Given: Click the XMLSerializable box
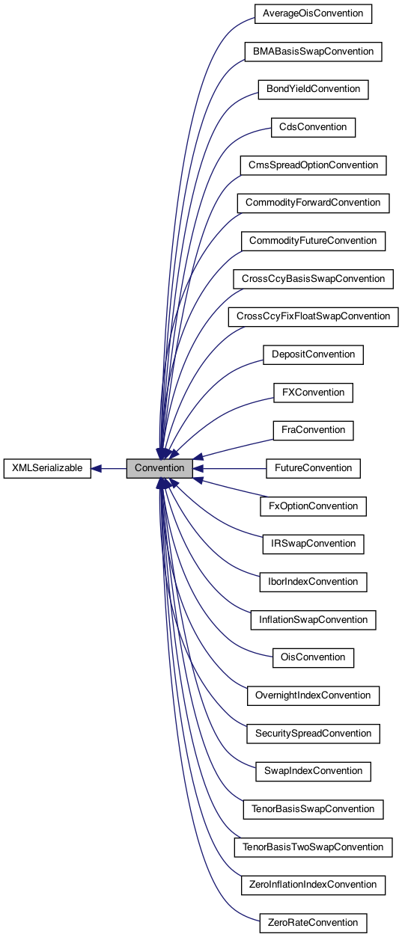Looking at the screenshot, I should (47, 469).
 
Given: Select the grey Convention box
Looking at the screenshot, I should (159, 469).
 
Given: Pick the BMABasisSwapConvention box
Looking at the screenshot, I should (313, 52).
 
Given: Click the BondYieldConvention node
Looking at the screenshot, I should (313, 89).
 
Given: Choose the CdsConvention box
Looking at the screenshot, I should (313, 127).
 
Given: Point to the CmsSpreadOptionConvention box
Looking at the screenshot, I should (313, 165).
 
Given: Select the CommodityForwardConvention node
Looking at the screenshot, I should (313, 203).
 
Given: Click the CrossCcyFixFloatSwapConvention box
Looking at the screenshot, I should (313, 316).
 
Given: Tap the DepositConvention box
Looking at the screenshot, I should (313, 354).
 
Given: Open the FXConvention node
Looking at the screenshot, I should (313, 393).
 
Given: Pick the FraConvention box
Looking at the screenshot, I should (313, 430).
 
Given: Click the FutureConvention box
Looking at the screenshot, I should (313, 468).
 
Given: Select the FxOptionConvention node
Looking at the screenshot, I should (313, 506).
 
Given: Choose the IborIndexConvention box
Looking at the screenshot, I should (313, 582).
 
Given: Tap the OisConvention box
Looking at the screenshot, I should (313, 657).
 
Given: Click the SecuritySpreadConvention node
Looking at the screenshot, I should (313, 734).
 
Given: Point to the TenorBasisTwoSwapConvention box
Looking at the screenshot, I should (313, 847).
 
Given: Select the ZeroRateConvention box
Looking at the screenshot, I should (313, 923).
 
